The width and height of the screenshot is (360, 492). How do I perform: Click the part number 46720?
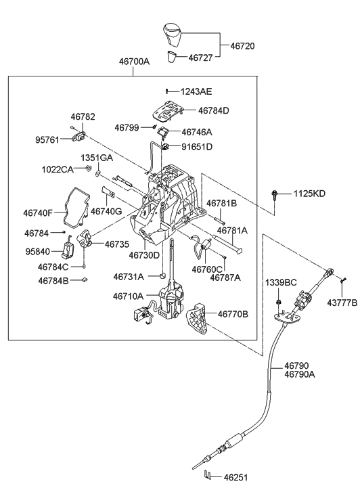(242, 46)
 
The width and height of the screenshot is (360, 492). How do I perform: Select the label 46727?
(200, 58)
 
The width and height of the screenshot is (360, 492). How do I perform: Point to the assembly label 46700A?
(134, 62)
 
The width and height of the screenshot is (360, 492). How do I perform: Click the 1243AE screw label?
(196, 91)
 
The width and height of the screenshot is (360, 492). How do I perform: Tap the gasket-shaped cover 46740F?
(76, 207)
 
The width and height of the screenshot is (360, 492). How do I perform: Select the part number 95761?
(47, 140)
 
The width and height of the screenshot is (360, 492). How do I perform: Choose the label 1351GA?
(97, 158)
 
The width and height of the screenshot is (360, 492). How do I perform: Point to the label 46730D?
(144, 255)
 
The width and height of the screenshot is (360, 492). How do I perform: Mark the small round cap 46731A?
(163, 275)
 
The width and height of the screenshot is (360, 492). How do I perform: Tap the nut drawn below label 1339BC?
(278, 302)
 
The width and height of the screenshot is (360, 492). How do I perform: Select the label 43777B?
(342, 303)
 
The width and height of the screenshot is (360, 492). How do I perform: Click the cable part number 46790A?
(300, 374)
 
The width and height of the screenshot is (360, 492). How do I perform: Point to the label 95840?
(38, 252)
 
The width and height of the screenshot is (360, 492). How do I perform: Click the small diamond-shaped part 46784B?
(84, 279)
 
